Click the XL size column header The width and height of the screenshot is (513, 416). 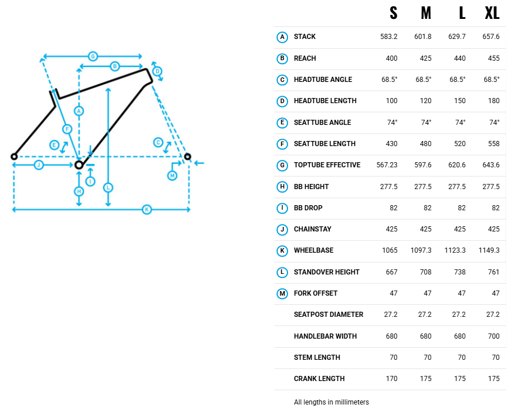492,13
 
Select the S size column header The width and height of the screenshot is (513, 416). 393,13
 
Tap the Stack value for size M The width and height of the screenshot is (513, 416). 423,37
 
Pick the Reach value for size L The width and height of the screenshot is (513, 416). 460,58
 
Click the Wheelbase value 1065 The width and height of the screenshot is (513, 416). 390,250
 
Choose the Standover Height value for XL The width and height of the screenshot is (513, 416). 493,272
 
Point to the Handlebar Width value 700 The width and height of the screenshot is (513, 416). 493,336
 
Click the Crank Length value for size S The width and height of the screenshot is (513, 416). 391,378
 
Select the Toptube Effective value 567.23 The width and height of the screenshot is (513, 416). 387,165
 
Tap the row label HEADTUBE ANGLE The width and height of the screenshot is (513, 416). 323,80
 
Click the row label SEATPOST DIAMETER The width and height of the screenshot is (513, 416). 328,315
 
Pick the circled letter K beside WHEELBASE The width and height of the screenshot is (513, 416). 282,250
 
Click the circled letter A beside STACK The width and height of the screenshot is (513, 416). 282,37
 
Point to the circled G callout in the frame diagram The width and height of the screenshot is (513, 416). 93,56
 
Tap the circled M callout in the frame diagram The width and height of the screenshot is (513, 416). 172,175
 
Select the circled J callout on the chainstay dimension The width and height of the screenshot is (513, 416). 38,164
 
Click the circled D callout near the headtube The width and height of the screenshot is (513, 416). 157,71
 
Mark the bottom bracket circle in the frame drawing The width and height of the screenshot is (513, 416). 79,164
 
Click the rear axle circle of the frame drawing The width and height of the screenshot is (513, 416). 14,156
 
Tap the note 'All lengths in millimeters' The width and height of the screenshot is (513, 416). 332,402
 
